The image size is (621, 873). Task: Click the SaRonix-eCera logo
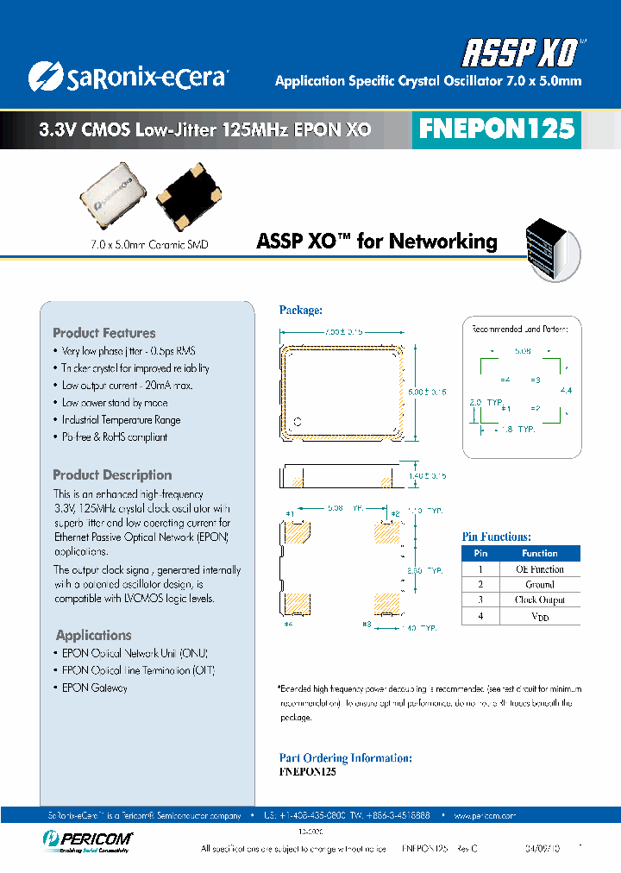pyautogui.click(x=127, y=78)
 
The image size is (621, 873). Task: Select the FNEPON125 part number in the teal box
pyautogui.click(x=496, y=129)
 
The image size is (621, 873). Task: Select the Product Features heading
pyautogui.click(x=104, y=333)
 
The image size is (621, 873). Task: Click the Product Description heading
pyautogui.click(x=112, y=475)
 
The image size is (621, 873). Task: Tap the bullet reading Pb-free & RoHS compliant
pyautogui.click(x=114, y=437)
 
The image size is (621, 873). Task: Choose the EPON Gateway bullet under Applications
pyautogui.click(x=94, y=688)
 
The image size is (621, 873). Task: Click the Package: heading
pyautogui.click(x=301, y=310)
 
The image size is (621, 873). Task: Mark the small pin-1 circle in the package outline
pyautogui.click(x=298, y=422)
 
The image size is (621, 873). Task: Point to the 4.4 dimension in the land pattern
pyautogui.click(x=565, y=391)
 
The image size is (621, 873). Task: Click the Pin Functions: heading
pyautogui.click(x=496, y=537)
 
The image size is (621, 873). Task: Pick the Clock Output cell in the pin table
pyautogui.click(x=539, y=600)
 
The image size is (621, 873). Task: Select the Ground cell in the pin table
pyautogui.click(x=539, y=585)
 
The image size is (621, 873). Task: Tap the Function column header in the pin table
pyautogui.click(x=539, y=554)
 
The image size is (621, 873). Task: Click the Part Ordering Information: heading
pyautogui.click(x=346, y=758)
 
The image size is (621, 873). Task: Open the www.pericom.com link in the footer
pyautogui.click(x=483, y=814)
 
